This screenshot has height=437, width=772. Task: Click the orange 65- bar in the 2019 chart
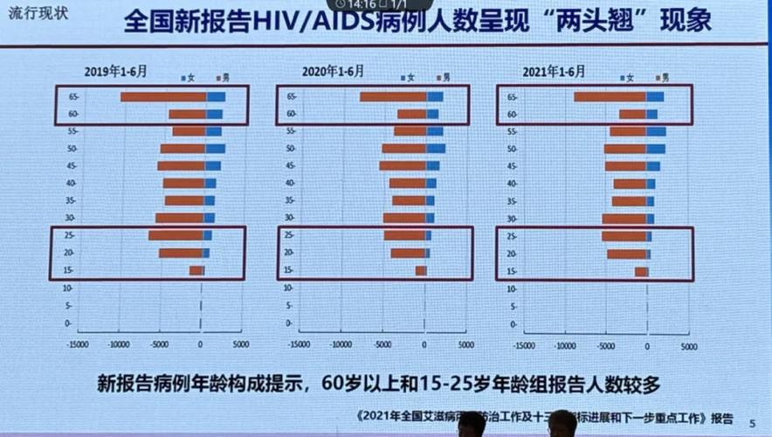pyautogui.click(x=163, y=97)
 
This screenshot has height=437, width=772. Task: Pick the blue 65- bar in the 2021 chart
pyautogui.click(x=655, y=97)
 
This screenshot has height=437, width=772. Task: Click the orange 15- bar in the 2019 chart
pyautogui.click(x=196, y=271)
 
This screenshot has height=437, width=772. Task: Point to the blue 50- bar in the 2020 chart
pyautogui.click(x=436, y=149)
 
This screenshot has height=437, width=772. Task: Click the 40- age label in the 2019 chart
pyautogui.click(x=71, y=184)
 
